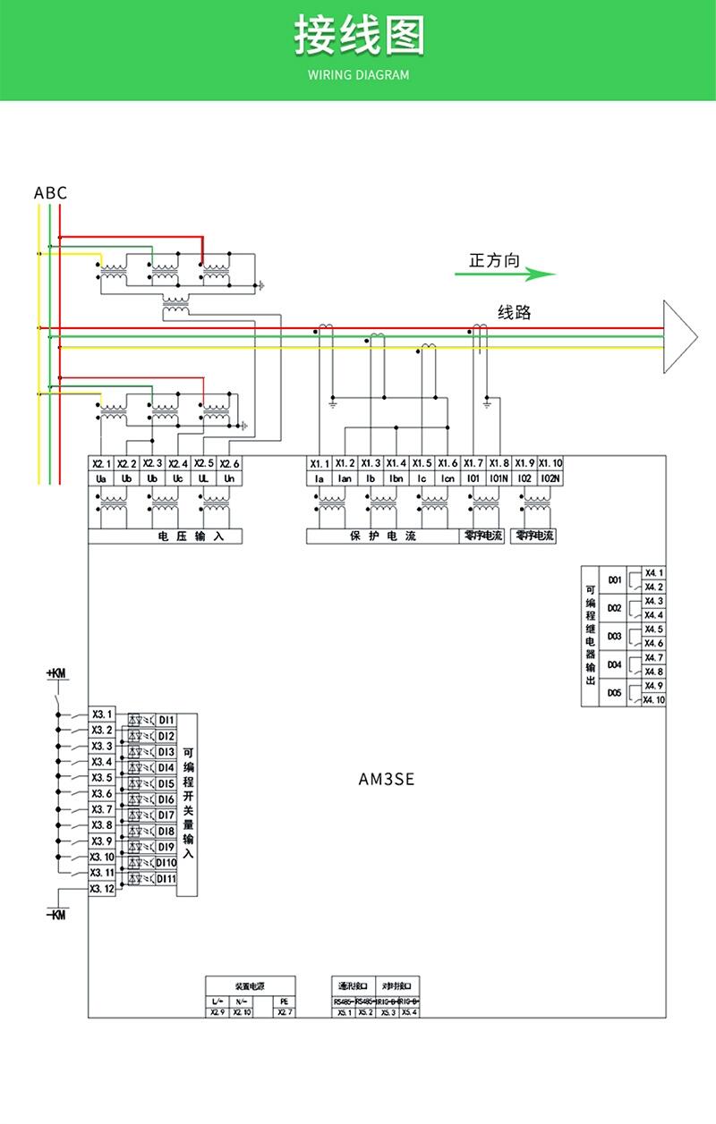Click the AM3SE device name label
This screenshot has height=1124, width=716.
coord(387,779)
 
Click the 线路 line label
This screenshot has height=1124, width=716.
coord(515,312)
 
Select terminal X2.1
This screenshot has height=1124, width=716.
coord(100,463)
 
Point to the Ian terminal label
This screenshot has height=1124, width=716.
coord(345,478)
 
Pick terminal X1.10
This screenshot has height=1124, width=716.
coord(550,463)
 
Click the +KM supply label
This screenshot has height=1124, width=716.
coord(56,673)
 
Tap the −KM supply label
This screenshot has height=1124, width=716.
coord(56,915)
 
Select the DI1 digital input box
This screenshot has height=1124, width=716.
coord(166,720)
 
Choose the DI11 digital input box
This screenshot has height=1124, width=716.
coord(166,879)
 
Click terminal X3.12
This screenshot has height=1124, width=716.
coord(102,889)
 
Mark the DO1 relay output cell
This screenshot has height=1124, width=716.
coord(614,579)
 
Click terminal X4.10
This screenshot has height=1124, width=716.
coord(654,700)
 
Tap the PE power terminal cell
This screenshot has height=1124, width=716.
coord(284,1001)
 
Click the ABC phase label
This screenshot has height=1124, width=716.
coord(50,193)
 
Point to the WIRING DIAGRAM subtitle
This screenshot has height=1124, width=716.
coord(358,75)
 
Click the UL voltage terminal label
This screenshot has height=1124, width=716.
coord(204,478)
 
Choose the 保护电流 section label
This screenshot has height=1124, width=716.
coord(382,537)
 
